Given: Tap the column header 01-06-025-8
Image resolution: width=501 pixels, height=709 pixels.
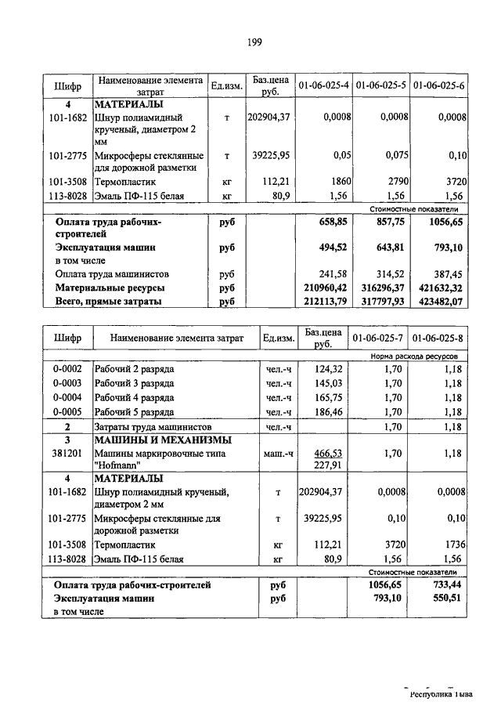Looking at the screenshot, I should (x=439, y=338).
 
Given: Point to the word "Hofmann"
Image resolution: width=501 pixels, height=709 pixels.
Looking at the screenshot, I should (x=117, y=465).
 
